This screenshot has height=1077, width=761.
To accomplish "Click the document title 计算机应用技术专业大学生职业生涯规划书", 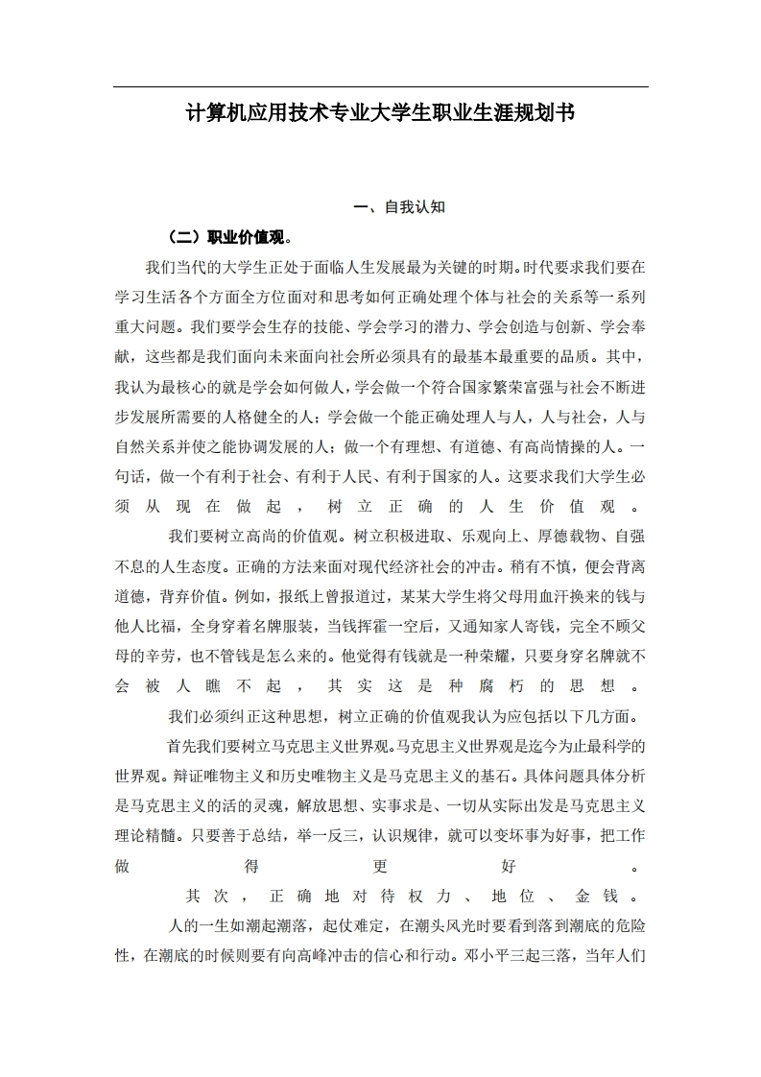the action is (380, 113).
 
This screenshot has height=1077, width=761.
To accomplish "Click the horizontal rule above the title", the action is (380, 87).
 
